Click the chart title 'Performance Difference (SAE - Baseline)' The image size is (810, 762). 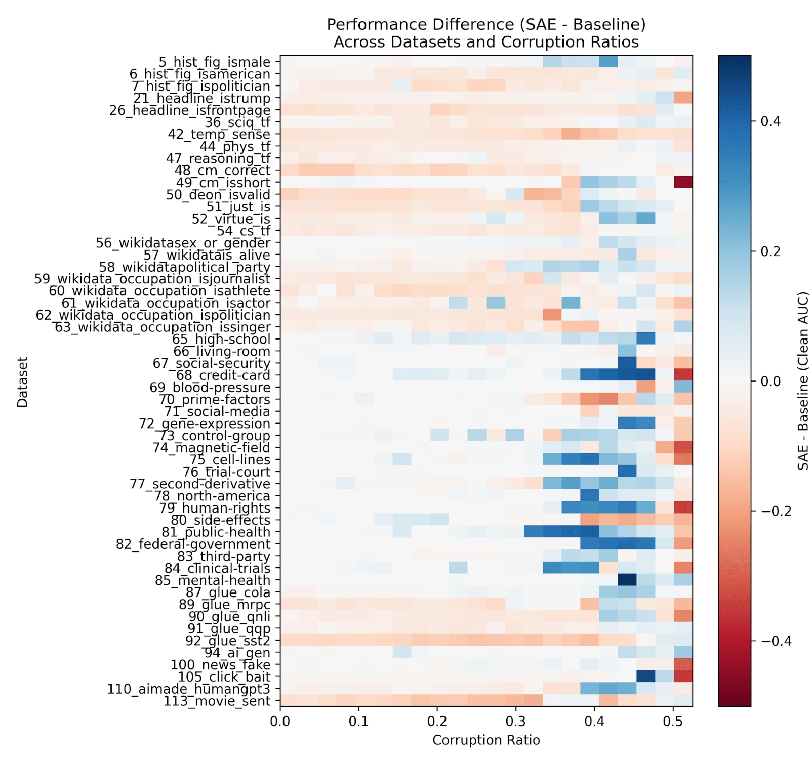point(485,24)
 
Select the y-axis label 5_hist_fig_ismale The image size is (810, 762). point(214,62)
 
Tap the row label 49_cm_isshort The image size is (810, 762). point(223,183)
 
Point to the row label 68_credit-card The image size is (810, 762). point(223,375)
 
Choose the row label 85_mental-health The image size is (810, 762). point(213,580)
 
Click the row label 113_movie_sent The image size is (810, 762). point(217,701)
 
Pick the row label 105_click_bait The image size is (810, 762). point(224,677)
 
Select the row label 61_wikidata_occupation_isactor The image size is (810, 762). point(166,303)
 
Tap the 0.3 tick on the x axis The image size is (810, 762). point(516,721)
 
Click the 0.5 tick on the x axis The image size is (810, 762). point(673,721)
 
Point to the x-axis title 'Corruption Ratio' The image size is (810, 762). point(485,740)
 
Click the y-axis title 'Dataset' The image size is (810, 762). point(22,382)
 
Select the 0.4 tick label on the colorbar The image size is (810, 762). point(771,121)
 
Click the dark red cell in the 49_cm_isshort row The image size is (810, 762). point(682,183)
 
